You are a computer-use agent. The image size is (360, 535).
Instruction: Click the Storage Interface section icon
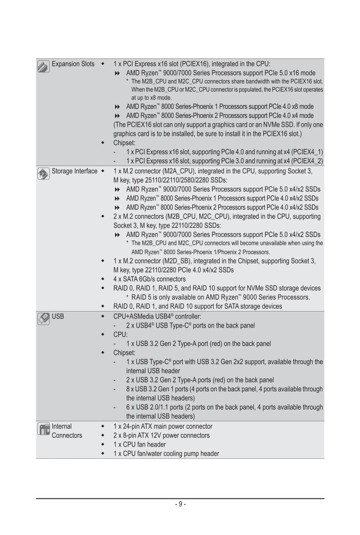point(43,173)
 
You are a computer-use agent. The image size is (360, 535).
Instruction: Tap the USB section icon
point(43,318)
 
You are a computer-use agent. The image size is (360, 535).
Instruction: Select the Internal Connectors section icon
point(43,429)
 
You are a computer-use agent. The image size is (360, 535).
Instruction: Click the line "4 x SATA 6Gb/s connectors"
point(149,279)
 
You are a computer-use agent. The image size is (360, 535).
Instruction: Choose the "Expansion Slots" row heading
point(73,64)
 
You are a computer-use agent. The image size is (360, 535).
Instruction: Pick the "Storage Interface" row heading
point(75,171)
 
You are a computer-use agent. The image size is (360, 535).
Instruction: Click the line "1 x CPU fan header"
point(139,444)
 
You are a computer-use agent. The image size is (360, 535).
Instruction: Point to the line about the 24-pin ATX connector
point(163,426)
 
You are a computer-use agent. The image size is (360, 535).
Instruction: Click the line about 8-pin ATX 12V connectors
point(161,435)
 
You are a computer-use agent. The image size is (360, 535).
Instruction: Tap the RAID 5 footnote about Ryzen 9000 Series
point(218,297)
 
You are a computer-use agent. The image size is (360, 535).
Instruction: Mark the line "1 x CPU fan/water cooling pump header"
point(166,454)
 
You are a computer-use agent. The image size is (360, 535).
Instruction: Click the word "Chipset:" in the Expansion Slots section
point(126,142)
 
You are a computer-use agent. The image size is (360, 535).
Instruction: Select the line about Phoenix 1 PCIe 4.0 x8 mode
point(220,106)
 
